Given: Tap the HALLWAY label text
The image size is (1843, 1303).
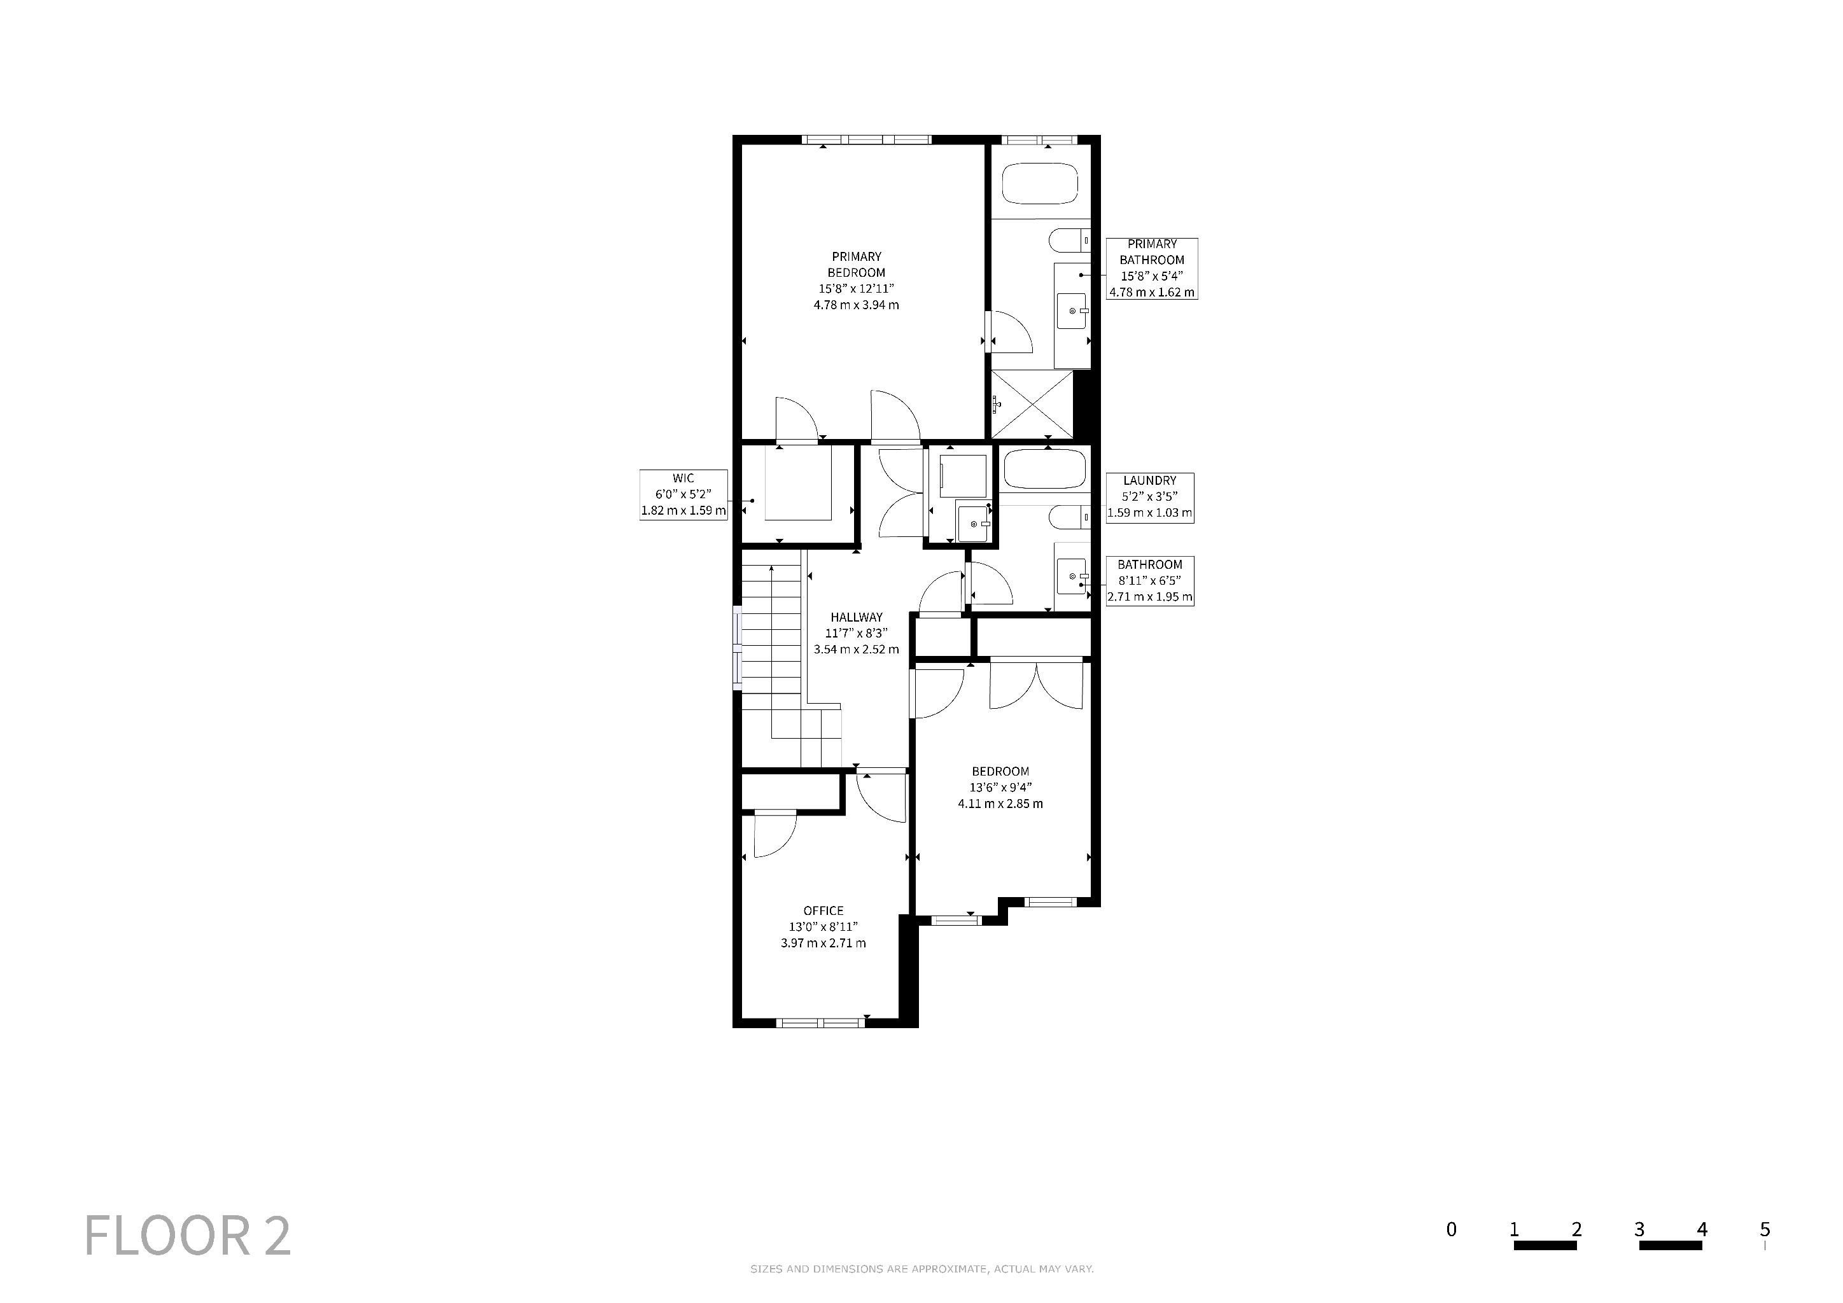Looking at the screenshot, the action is (x=857, y=617).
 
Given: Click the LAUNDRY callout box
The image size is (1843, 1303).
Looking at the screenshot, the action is (x=1149, y=498).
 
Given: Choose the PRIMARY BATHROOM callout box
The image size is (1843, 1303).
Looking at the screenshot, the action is (x=1152, y=268).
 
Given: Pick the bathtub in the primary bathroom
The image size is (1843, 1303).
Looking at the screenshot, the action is (x=1041, y=184).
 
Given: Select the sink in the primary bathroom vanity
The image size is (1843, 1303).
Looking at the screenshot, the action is (x=1072, y=310).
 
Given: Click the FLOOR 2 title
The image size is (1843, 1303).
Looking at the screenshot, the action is (x=188, y=1236).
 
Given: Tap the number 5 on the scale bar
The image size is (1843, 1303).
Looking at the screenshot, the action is (x=1764, y=1229).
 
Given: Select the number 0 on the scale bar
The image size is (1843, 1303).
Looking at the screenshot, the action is (x=1451, y=1229).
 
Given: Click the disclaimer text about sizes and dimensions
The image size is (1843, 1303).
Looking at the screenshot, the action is (x=922, y=1269).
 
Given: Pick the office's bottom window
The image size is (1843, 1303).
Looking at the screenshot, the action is (x=820, y=1022).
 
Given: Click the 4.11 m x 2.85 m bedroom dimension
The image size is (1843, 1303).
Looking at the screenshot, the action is (x=1000, y=803).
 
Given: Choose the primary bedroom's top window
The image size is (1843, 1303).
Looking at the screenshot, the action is (x=867, y=139).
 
